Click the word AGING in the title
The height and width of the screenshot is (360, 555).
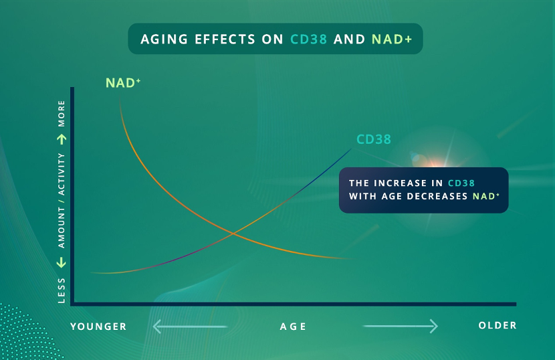tap(164, 39)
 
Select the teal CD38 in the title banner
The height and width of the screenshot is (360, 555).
tap(308, 39)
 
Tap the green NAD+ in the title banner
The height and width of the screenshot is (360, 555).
tap(392, 39)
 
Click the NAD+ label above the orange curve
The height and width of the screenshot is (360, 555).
tap(123, 83)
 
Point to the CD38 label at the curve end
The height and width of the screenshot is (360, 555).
tap(373, 139)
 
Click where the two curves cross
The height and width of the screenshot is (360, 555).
tap(233, 233)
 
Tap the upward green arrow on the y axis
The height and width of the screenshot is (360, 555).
tap(62, 139)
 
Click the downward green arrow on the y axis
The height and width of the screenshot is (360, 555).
tap(62, 262)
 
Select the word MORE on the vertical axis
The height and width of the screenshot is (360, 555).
tap(62, 113)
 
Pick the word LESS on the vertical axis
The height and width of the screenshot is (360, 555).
tap(62, 290)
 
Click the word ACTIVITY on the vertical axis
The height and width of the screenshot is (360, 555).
tap(62, 175)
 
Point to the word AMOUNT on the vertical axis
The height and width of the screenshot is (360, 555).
tap(62, 228)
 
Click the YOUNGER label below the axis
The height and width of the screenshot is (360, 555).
tap(98, 327)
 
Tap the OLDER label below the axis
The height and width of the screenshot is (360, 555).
tap(497, 325)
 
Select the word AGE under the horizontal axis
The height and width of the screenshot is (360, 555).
tap(293, 327)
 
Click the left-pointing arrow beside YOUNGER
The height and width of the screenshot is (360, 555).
tap(190, 327)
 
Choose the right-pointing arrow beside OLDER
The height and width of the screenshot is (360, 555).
tap(401, 326)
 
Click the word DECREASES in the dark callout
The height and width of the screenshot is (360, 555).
tap(437, 196)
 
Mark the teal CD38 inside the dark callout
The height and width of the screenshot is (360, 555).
tap(461, 183)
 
